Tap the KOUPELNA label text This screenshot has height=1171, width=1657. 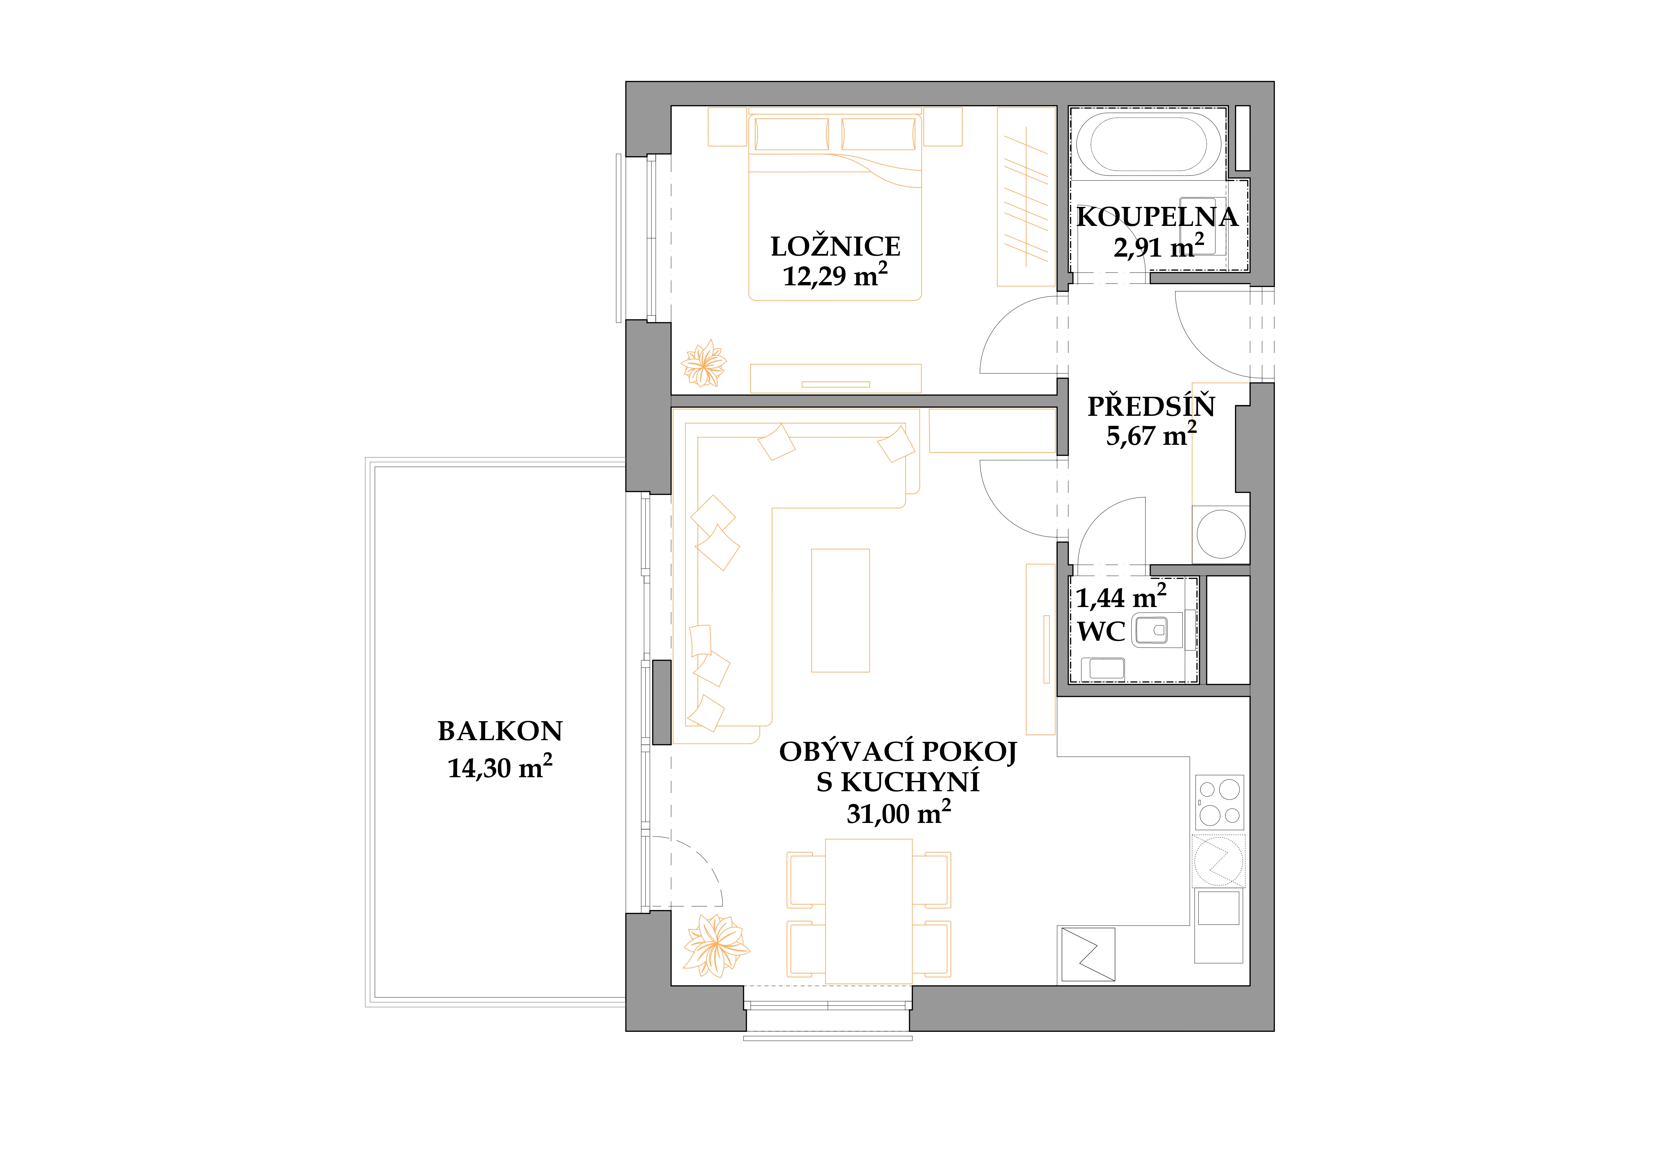point(1157,217)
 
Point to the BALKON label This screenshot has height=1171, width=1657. point(500,731)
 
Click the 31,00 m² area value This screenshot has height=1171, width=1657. point(898,813)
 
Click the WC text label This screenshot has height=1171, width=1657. point(1101,632)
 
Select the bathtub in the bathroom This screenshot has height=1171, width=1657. point(1148,143)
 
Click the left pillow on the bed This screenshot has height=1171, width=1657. point(792,134)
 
